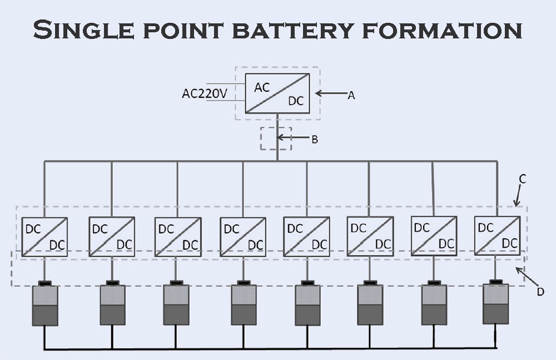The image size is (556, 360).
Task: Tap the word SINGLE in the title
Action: tap(83, 30)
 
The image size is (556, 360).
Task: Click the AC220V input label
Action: tap(205, 93)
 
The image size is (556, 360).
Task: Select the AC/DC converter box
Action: tap(278, 93)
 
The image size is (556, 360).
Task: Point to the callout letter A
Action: tap(351, 95)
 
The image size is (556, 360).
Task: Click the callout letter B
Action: tap(314, 140)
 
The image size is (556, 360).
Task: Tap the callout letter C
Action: tap(523, 179)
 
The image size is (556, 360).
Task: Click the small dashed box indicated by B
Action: tap(276, 139)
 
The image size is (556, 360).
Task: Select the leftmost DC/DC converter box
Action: tap(44, 237)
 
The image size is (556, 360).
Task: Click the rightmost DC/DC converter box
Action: tap(497, 235)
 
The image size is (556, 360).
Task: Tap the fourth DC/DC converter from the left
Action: tap(243, 237)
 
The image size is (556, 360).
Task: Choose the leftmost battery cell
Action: tap(45, 305)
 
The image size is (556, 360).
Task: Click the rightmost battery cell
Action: tap(495, 304)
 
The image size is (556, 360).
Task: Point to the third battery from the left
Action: tap(176, 305)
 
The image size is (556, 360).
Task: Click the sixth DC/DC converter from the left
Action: tap(370, 236)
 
